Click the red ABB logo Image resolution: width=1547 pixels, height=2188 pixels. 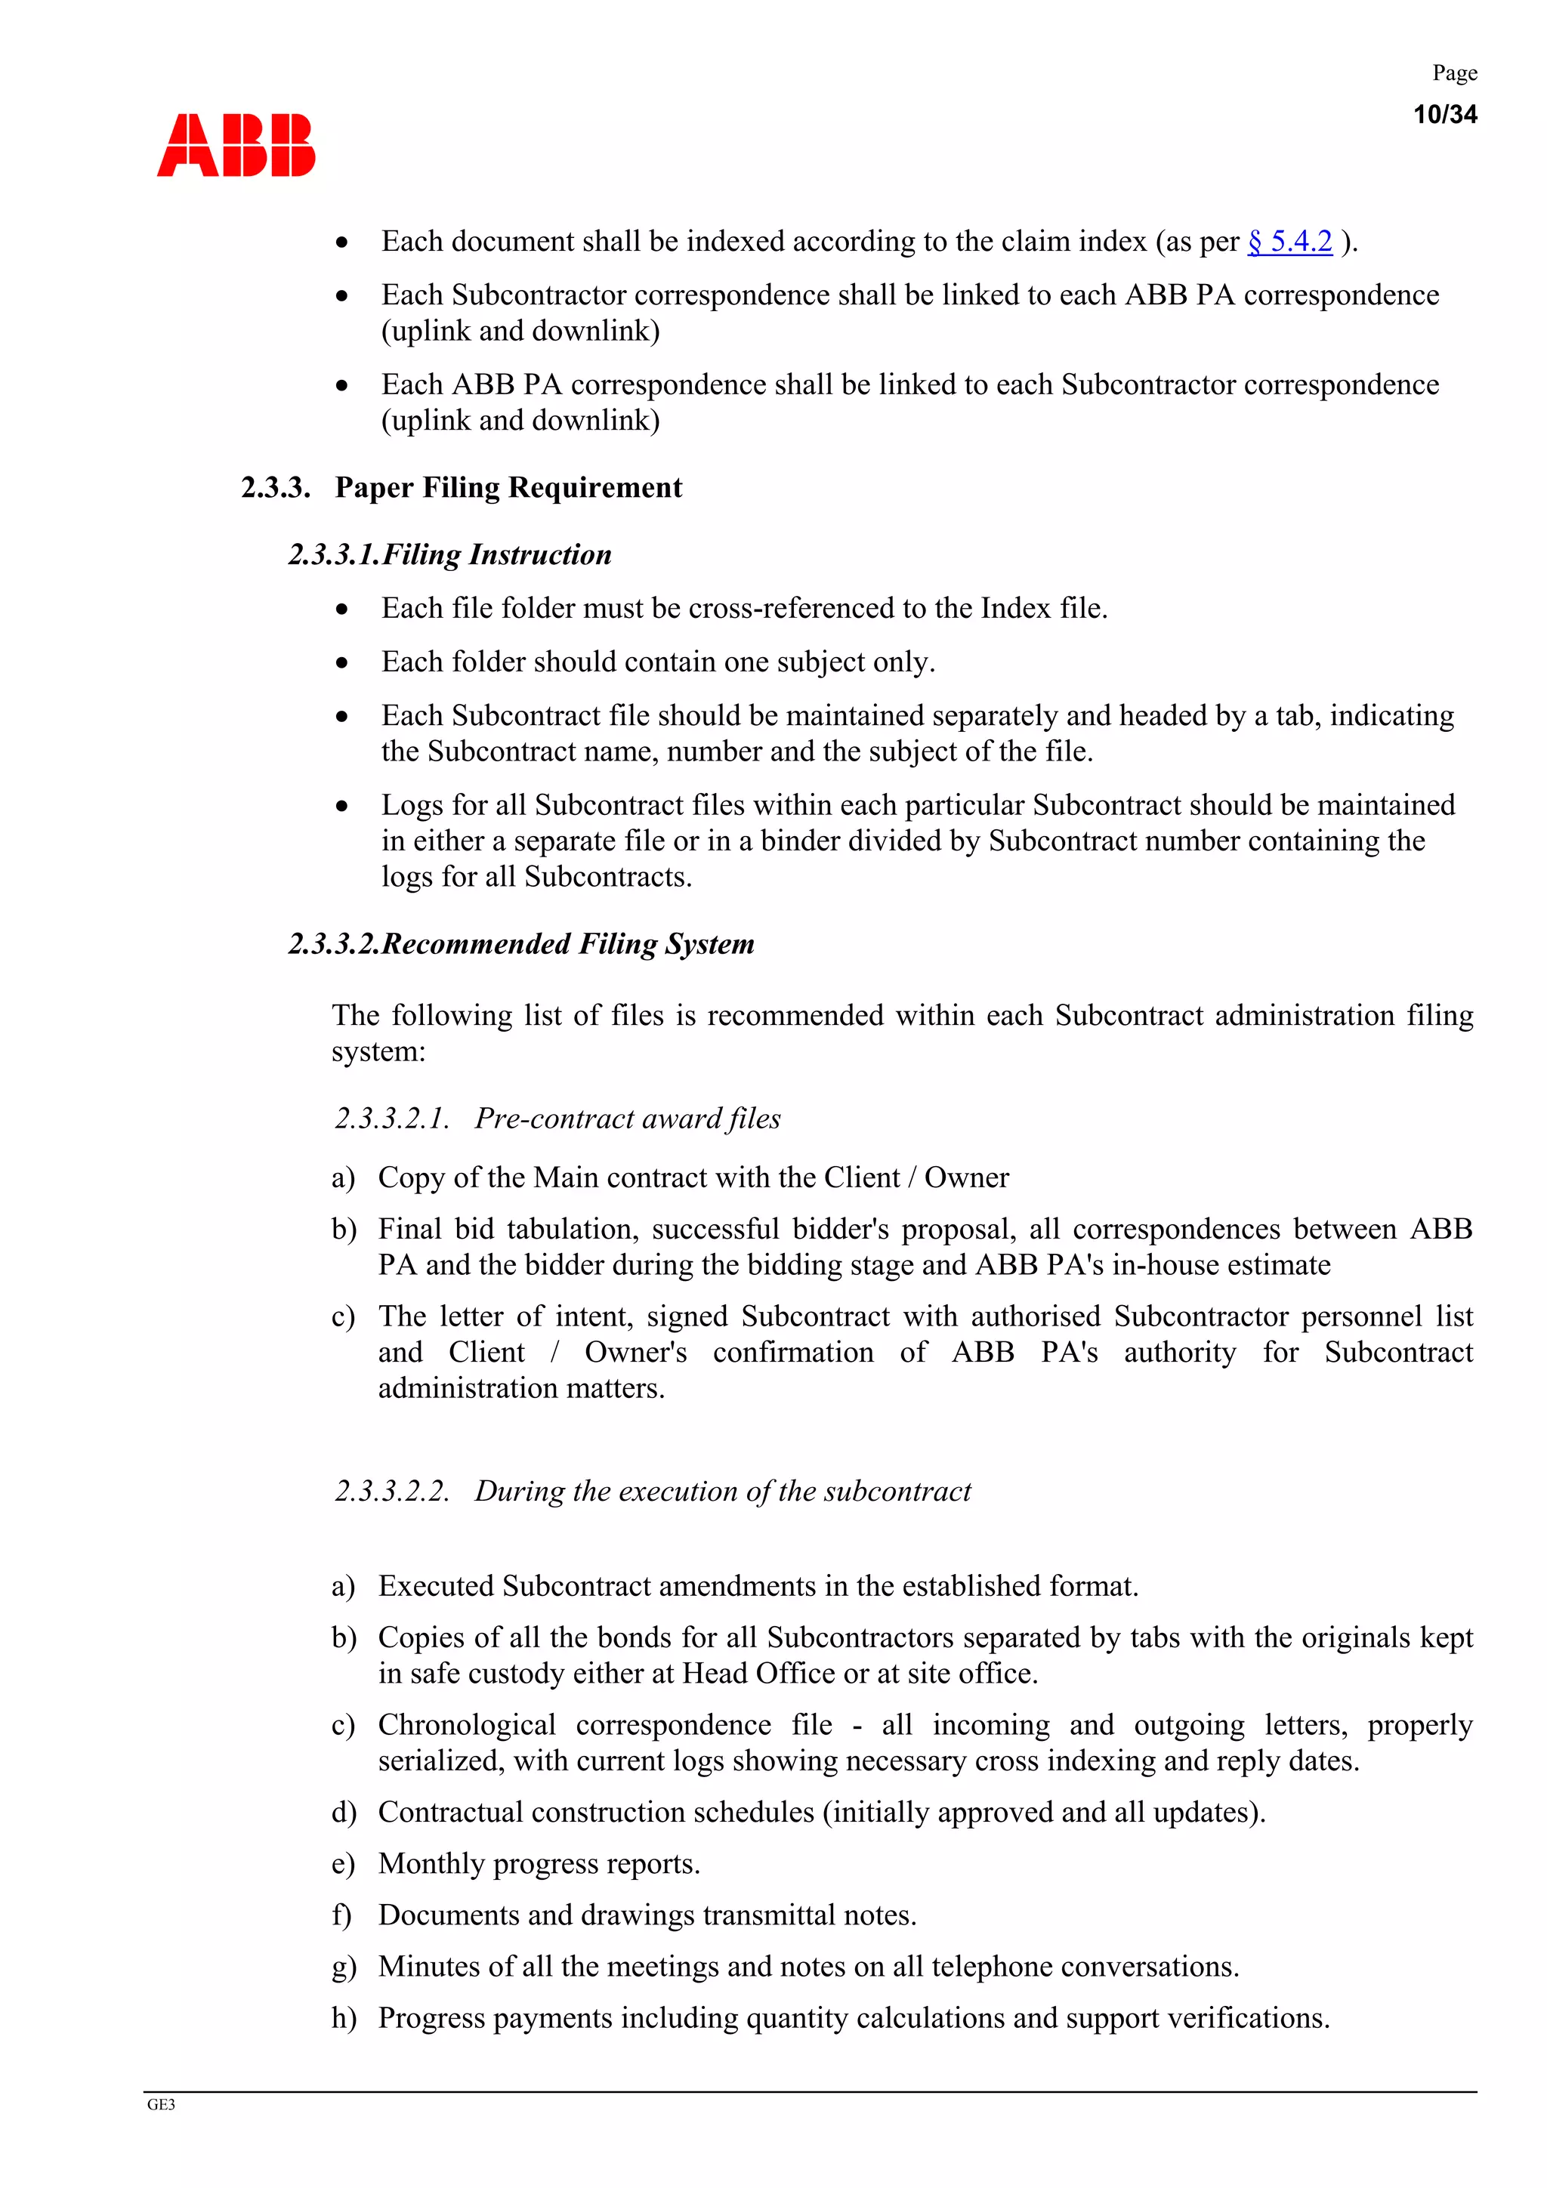tap(236, 145)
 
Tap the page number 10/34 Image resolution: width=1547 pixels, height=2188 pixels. tap(1444, 114)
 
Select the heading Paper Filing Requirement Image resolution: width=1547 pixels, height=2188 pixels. tap(508, 488)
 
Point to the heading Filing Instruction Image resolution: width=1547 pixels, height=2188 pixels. tap(496, 554)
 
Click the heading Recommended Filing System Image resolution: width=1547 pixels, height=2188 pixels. tap(568, 944)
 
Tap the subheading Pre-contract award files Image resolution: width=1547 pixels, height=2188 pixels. tap(627, 1118)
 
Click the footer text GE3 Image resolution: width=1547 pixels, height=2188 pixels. tap(161, 2104)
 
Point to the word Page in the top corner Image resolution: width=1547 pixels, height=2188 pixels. tap(1455, 73)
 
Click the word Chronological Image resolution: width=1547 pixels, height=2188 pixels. tap(467, 1725)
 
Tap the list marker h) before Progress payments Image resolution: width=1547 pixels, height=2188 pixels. tap(343, 2017)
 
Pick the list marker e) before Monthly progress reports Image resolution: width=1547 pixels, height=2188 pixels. tap(343, 1863)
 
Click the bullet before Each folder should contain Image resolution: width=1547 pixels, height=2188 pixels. tap(342, 662)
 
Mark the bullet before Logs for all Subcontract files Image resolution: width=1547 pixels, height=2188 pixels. tap(342, 806)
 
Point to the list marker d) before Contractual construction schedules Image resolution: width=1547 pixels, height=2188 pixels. tap(343, 1812)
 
